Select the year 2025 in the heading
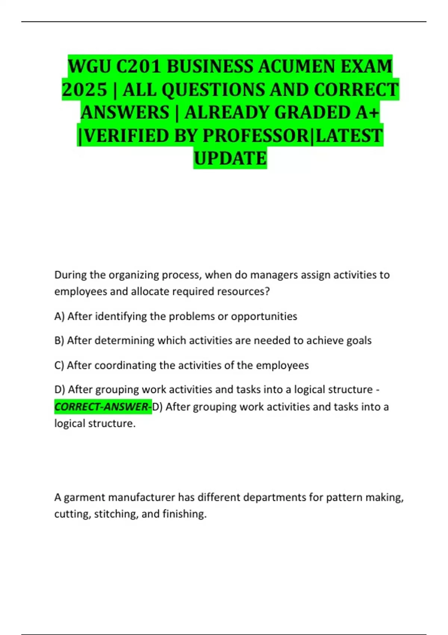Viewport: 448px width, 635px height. click(84, 90)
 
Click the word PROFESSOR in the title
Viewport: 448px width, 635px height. click(255, 136)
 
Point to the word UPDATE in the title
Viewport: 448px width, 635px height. click(230, 158)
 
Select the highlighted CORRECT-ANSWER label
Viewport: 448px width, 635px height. click(103, 406)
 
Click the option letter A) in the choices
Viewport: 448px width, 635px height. click(59, 316)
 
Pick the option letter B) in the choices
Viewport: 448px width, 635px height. click(59, 341)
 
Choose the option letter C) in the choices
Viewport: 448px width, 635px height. click(59, 365)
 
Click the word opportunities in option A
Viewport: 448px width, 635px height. click(264, 316)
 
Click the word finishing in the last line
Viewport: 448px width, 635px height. click(184, 514)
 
